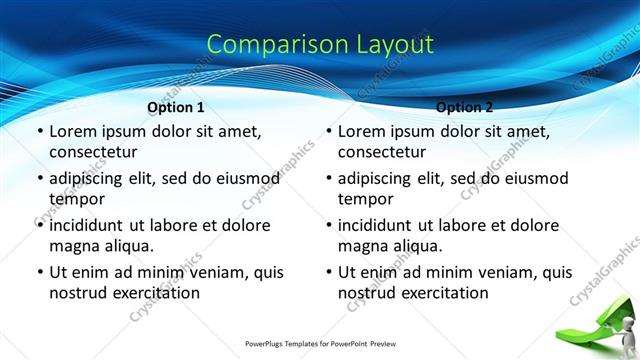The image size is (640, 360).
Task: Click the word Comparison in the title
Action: click(x=267, y=45)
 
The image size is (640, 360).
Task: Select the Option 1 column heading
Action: click(x=176, y=107)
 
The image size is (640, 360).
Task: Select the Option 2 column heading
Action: click(x=465, y=107)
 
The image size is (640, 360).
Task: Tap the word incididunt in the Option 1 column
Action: click(x=92, y=225)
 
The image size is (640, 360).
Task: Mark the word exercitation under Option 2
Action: click(x=442, y=293)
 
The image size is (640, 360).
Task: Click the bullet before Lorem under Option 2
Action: click(x=329, y=132)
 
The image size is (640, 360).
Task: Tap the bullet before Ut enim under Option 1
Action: click(x=39, y=272)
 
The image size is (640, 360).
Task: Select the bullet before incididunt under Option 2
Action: click(x=329, y=225)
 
